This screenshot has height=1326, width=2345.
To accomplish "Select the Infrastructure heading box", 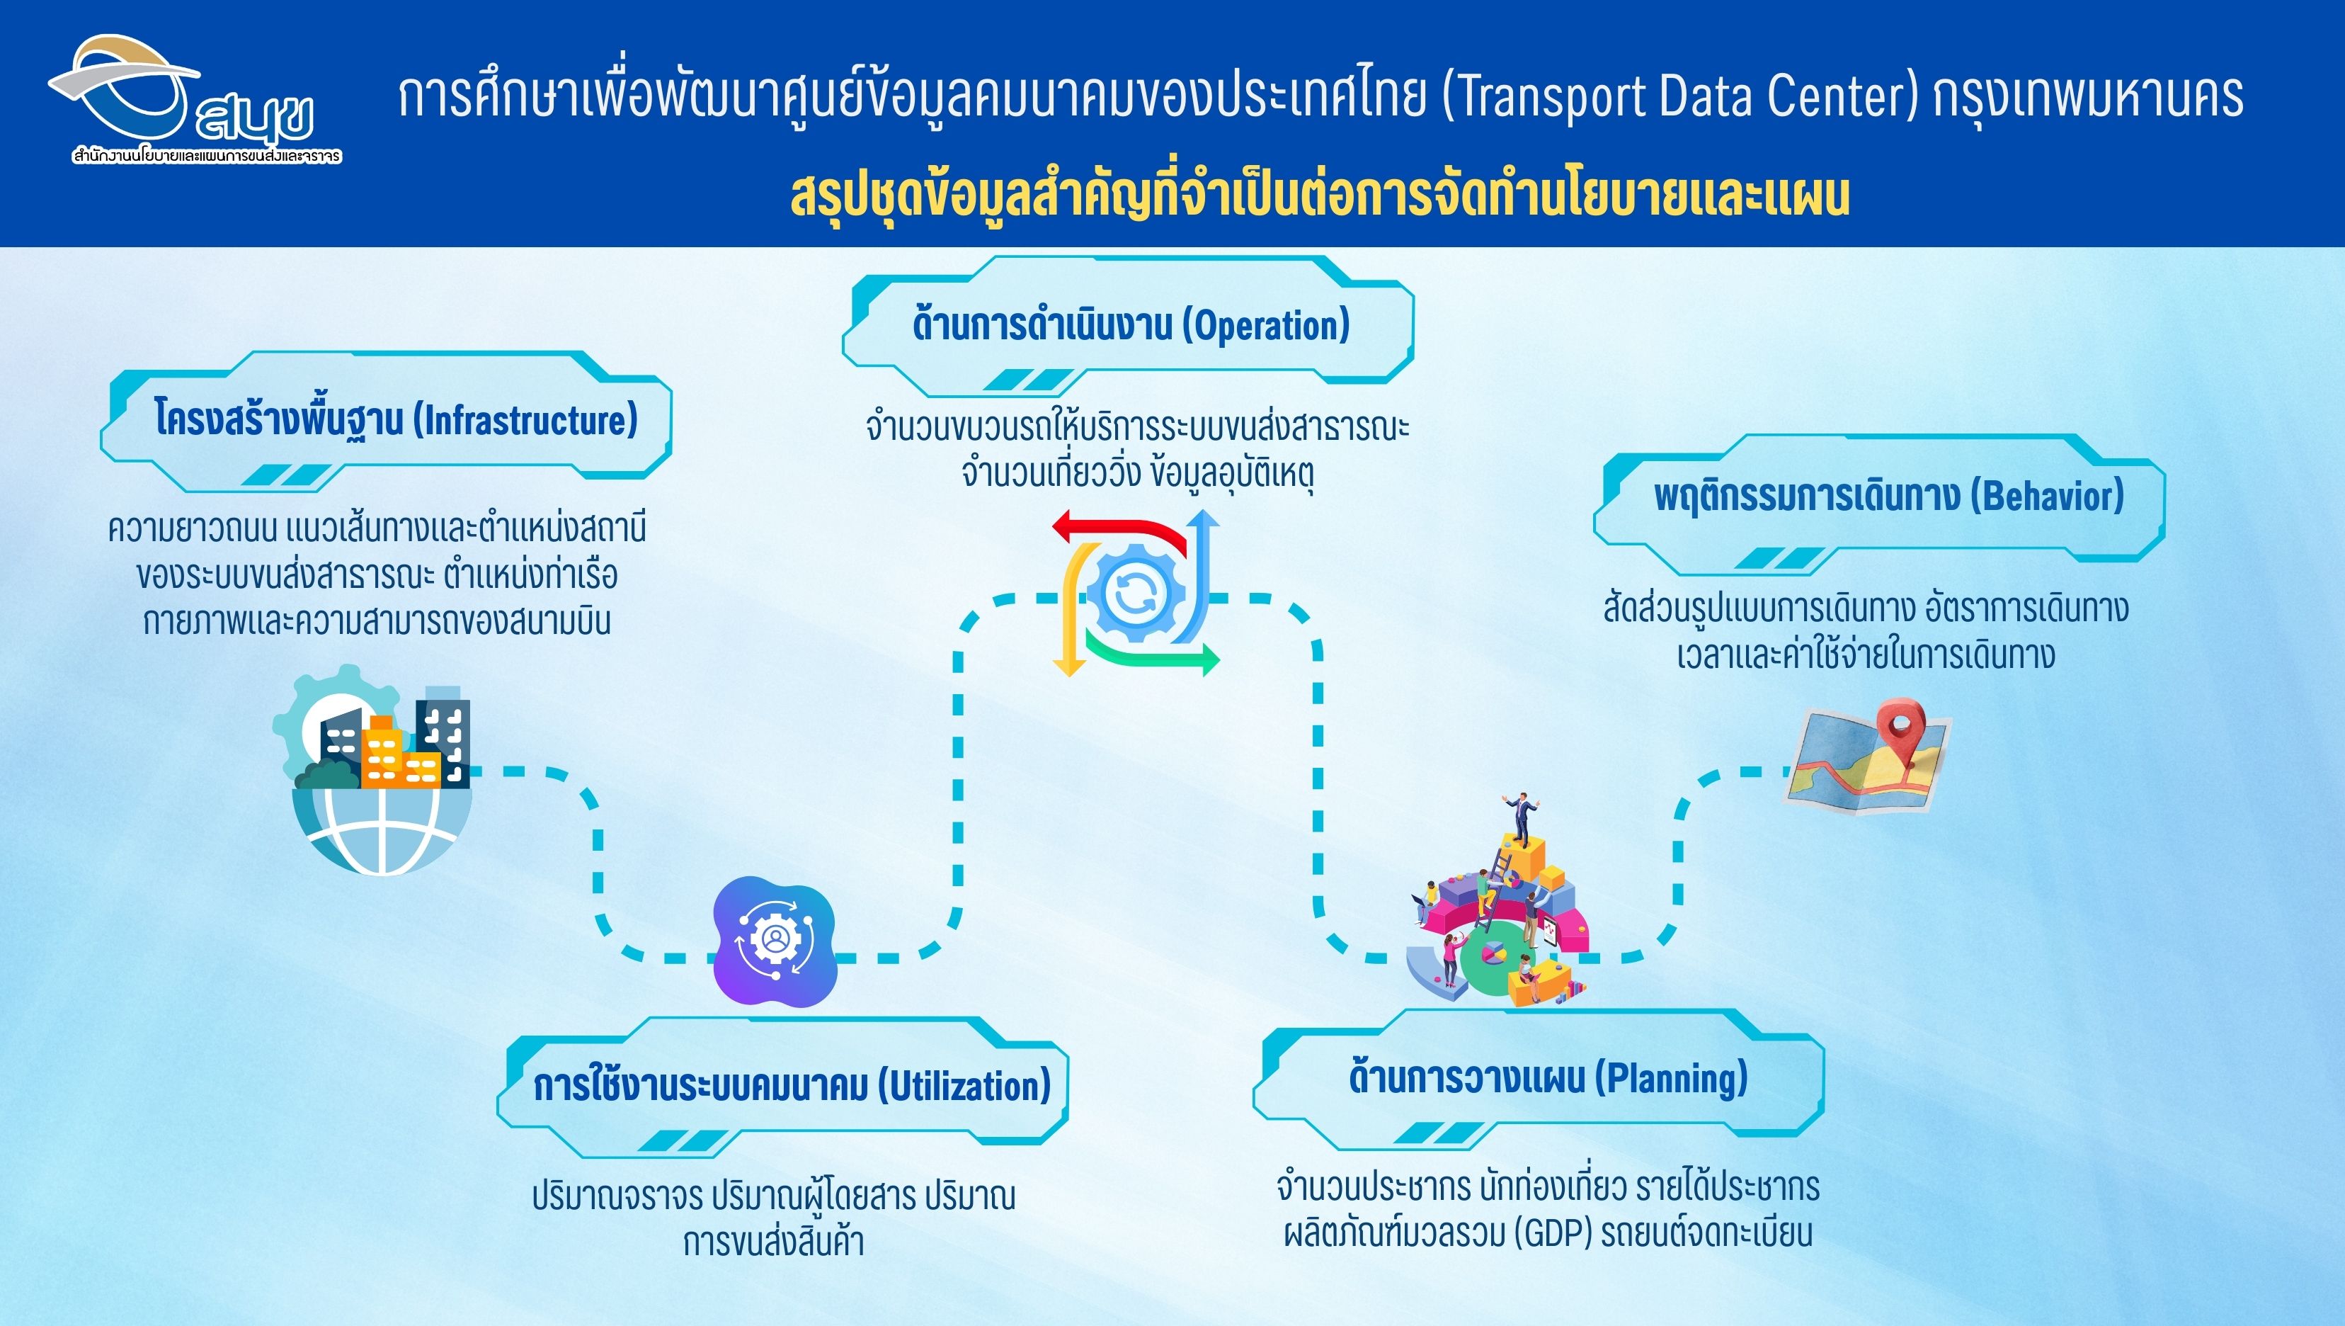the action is click(x=386, y=420).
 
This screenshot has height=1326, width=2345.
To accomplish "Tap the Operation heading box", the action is click(x=1128, y=325).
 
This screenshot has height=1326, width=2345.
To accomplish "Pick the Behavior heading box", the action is click(x=1879, y=504).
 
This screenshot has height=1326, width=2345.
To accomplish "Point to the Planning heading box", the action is click(x=1539, y=1078).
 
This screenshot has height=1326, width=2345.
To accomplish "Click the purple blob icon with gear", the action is click(x=775, y=941).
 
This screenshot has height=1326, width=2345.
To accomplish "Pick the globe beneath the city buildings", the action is click(x=382, y=829).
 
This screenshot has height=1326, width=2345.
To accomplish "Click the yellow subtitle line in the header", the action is click(x=1319, y=195).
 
